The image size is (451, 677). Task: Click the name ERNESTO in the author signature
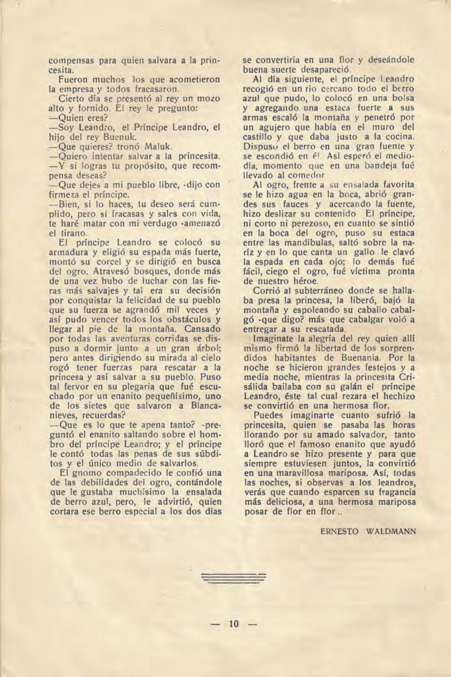[340, 531]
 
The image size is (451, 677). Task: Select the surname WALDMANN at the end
[391, 531]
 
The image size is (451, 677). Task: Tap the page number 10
[233, 624]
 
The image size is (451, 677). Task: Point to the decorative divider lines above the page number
[233, 578]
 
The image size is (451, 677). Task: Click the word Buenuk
[120, 137]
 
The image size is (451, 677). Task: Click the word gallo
[365, 252]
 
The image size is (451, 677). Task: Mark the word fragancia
[394, 492]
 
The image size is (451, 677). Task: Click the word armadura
[70, 252]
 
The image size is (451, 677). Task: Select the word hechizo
[398, 397]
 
